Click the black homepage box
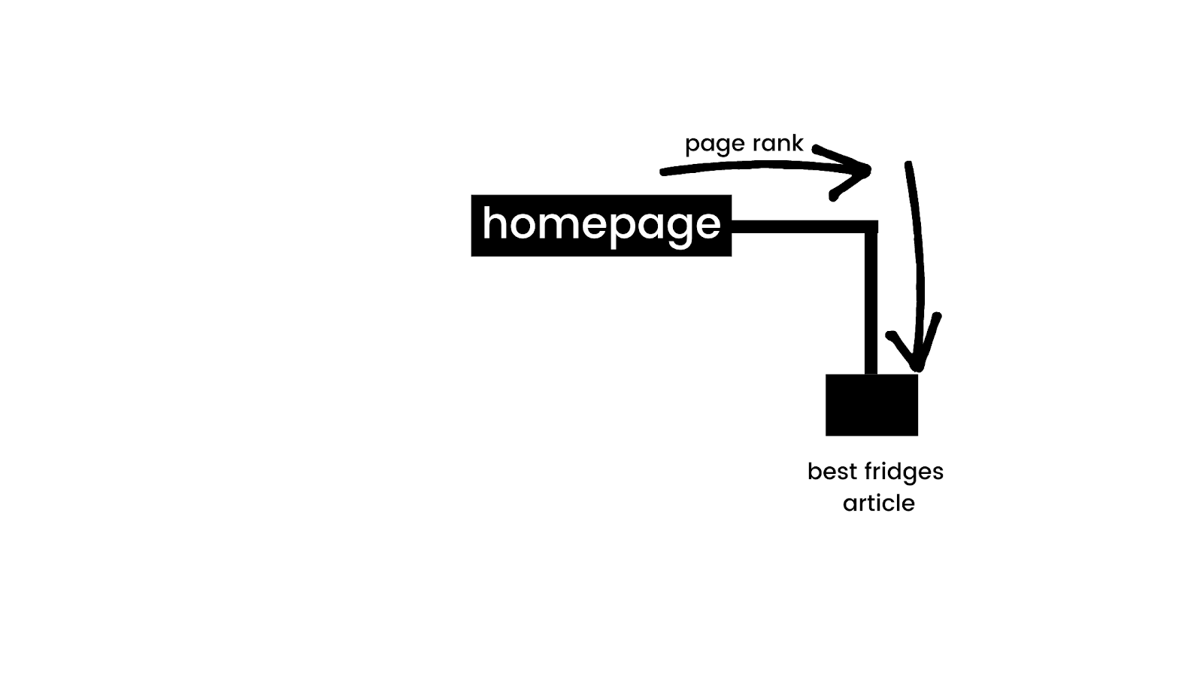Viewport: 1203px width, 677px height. pyautogui.click(x=601, y=226)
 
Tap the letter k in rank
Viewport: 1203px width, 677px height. pyautogui.click(x=796, y=142)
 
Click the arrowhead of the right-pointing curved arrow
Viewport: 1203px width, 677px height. pyautogui.click(x=865, y=171)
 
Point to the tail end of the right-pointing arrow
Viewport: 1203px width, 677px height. pyautogui.click(x=663, y=172)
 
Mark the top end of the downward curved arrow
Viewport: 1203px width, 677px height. pyautogui.click(x=908, y=164)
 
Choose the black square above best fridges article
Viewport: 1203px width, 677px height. pyautogui.click(x=871, y=405)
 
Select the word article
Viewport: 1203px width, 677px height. pyautogui.click(x=878, y=503)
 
